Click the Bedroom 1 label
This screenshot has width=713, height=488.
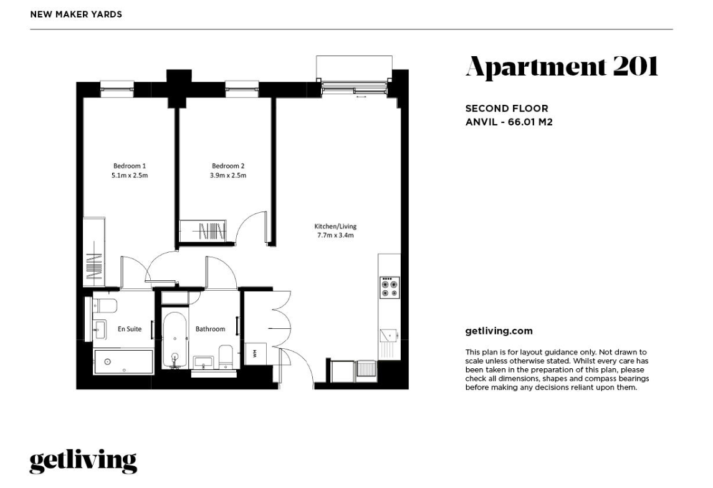tap(129, 166)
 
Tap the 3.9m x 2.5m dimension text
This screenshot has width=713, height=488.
tap(227, 176)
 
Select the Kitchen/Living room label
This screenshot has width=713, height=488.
tap(335, 227)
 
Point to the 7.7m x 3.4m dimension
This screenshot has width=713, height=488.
tap(335, 236)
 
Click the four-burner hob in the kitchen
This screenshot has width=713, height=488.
tap(390, 286)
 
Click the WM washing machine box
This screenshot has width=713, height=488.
tap(256, 353)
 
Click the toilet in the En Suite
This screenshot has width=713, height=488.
tap(104, 306)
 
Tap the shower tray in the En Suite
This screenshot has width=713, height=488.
tap(123, 361)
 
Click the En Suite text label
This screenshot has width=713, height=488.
tap(130, 329)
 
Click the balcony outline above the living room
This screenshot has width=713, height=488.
tap(354, 67)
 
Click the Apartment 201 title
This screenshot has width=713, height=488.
tap(562, 66)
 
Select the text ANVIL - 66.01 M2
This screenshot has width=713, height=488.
tap(509, 122)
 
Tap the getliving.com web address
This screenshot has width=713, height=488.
tap(499, 331)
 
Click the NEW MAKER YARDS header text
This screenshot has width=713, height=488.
tap(76, 14)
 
